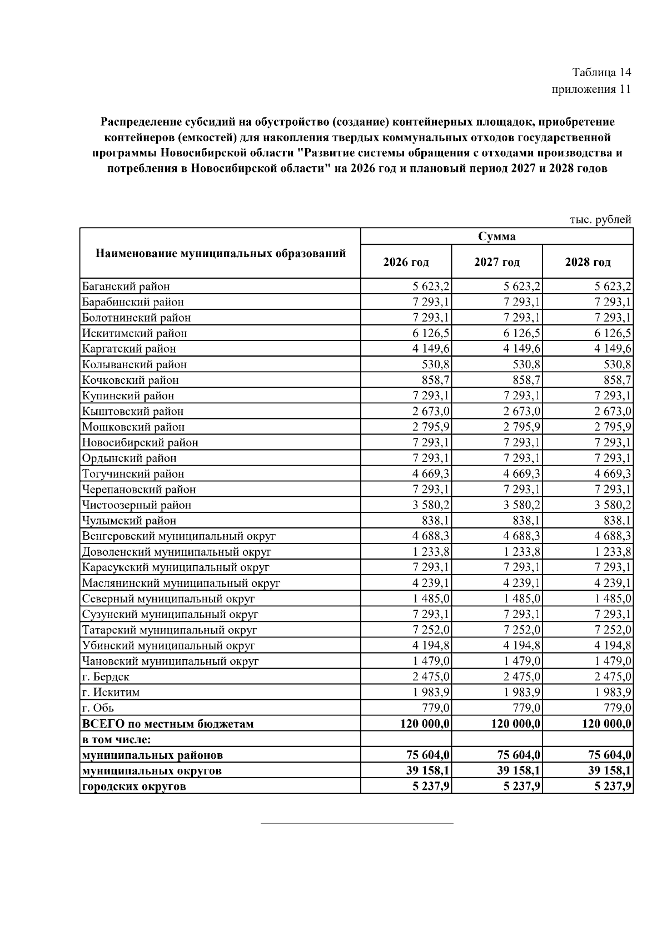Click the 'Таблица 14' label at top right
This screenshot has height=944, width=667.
601,72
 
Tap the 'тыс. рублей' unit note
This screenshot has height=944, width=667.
600,220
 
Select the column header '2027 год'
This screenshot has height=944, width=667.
496,262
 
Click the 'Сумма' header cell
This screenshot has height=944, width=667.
496,236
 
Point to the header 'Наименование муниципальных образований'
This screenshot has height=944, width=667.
221,254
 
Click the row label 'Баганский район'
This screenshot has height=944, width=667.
126,286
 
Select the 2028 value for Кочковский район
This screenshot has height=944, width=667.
617,380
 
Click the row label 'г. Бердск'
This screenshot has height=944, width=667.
106,677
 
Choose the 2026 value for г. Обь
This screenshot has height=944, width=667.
436,708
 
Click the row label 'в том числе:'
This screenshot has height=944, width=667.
117,739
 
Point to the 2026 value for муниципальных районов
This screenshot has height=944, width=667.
428,755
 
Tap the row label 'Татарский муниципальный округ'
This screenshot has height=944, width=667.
169,630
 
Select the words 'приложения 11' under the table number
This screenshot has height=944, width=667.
591,90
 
